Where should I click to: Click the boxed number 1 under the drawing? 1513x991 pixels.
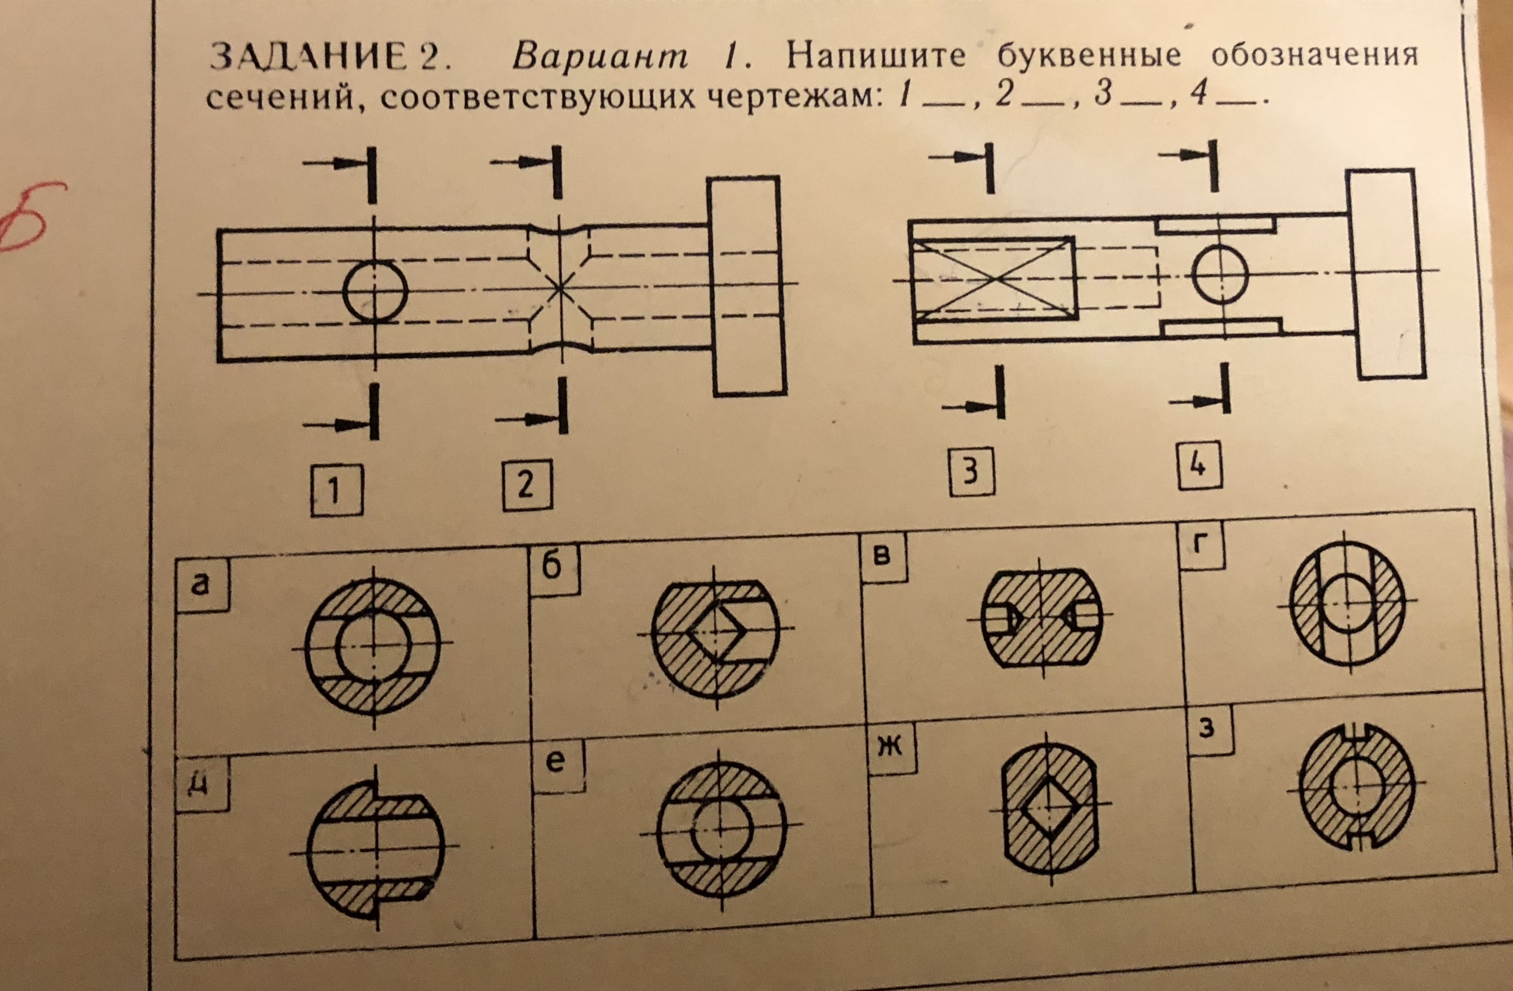pos(336,490)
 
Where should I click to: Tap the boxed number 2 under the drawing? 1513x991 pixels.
pos(527,485)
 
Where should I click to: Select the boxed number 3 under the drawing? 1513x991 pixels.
pos(971,472)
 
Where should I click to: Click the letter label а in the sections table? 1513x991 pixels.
pos(201,585)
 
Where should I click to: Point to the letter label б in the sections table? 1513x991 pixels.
pos(552,565)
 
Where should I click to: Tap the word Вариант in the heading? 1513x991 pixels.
pos(599,57)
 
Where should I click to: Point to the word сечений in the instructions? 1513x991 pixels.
pos(280,98)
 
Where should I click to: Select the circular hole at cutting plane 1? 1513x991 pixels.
pos(375,291)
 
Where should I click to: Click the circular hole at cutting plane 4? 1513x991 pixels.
pos(1220,275)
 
